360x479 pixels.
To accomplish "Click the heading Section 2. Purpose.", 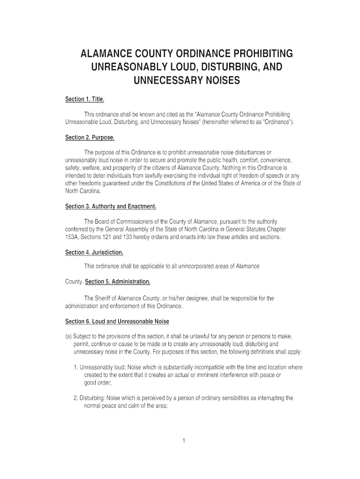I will coord(89,138).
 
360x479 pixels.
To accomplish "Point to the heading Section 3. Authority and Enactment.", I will coord(110,206).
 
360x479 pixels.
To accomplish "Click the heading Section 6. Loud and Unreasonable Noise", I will coord(117,322).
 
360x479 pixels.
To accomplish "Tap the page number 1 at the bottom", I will coord(185,441).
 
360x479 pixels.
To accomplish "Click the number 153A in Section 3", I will coord(72,237).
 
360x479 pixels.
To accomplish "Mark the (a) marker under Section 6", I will coord(68,336).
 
